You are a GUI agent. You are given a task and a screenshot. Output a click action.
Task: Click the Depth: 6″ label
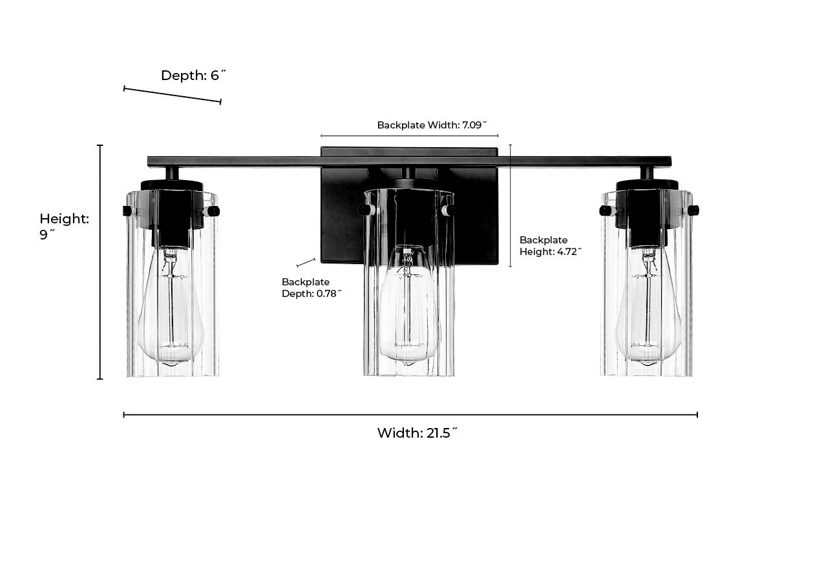[193, 76]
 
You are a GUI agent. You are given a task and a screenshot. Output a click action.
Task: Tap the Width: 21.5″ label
[417, 433]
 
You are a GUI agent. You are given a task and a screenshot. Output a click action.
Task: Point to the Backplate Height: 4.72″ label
[550, 246]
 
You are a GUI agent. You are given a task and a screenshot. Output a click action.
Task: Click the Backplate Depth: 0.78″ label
[312, 288]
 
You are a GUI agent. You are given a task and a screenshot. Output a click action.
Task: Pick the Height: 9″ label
[63, 227]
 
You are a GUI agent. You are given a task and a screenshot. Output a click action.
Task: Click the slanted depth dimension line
[173, 95]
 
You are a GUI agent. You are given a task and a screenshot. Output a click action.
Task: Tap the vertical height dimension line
[100, 261]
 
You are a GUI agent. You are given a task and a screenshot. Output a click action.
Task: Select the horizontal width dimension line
[410, 415]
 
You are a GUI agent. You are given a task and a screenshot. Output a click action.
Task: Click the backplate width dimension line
[409, 136]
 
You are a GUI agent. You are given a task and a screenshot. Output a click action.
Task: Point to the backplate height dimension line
[510, 205]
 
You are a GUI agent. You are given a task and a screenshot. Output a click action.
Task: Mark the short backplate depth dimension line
[306, 263]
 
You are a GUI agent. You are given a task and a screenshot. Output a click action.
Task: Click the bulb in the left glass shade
[171, 310]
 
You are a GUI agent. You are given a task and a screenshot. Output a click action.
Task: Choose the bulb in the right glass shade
[648, 310]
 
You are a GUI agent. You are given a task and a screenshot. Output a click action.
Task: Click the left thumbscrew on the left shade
[127, 211]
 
